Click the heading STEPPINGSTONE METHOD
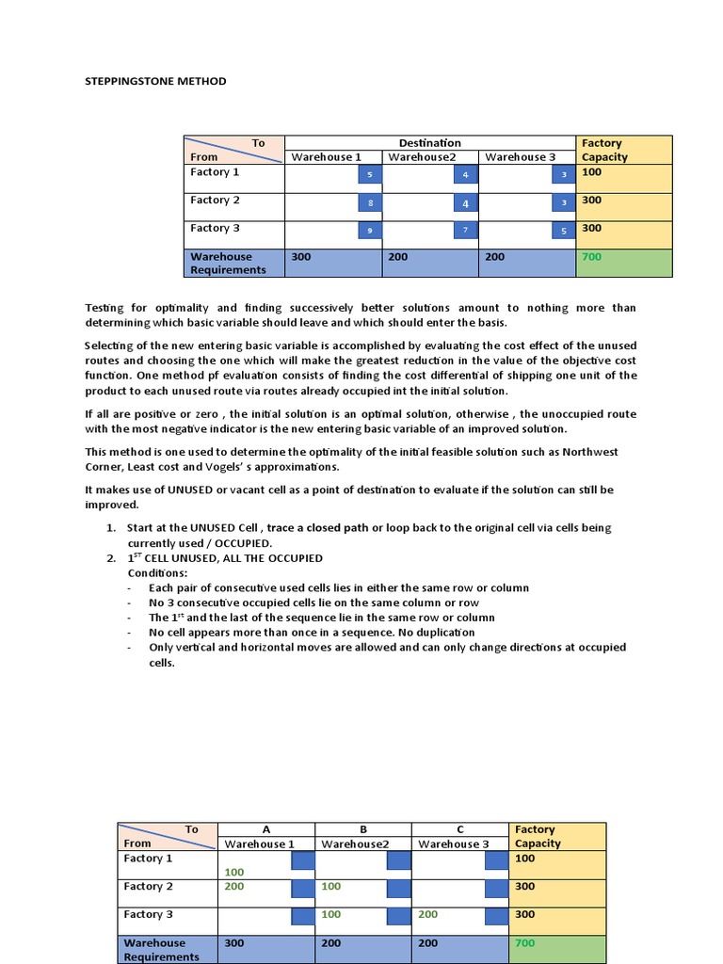[156, 81]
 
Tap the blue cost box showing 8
[370, 203]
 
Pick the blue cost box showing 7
[465, 231]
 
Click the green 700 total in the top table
[591, 256]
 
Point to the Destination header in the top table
[429, 143]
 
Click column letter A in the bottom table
[265, 829]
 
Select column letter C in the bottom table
[460, 829]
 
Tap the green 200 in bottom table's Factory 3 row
[427, 914]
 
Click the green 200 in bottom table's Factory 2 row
[233, 886]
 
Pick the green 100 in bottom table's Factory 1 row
[233, 872]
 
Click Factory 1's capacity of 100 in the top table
[591, 172]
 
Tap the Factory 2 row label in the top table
[215, 200]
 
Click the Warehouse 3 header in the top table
[521, 156]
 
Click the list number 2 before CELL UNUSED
[111, 558]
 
